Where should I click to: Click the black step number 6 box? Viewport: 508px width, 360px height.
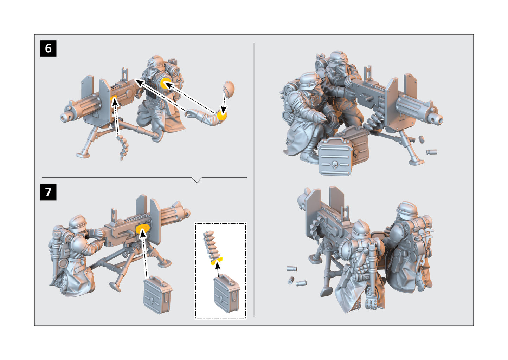(x=48, y=48)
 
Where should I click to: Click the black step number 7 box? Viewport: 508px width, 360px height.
(x=48, y=192)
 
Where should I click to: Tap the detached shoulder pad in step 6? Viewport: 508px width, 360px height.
(x=229, y=89)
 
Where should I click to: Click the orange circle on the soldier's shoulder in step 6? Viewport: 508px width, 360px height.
(x=166, y=83)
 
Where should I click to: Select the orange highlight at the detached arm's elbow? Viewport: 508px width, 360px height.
(x=222, y=116)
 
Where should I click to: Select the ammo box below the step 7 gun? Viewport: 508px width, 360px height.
(x=157, y=295)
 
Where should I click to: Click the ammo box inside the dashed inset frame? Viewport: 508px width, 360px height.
(x=227, y=293)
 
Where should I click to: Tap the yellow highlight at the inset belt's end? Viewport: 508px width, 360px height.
(x=217, y=261)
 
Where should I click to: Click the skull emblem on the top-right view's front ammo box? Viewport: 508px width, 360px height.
(x=335, y=164)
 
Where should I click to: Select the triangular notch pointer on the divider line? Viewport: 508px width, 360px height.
(x=197, y=180)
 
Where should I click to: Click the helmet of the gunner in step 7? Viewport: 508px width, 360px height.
(x=78, y=222)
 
